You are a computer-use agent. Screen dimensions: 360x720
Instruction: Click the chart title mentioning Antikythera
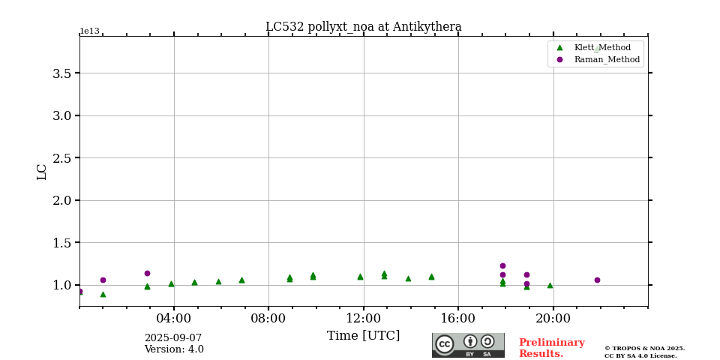click(x=363, y=27)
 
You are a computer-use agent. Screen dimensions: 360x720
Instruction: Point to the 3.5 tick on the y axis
click(x=61, y=73)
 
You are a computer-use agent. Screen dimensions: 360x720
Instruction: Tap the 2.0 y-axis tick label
click(x=61, y=200)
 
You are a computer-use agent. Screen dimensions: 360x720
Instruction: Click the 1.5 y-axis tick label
click(x=61, y=243)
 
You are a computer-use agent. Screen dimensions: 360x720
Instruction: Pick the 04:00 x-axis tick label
click(x=174, y=318)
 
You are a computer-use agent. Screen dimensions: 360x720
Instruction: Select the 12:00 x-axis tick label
click(x=364, y=318)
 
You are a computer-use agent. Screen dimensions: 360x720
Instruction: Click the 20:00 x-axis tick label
click(x=553, y=318)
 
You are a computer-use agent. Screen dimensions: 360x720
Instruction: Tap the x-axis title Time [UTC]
click(x=363, y=336)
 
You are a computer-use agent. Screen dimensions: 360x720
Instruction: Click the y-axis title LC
click(x=42, y=172)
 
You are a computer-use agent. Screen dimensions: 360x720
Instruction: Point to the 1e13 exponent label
click(x=89, y=31)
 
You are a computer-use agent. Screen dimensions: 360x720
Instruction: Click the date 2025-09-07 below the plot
click(x=173, y=338)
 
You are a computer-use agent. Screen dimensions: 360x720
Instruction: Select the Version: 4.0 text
click(x=174, y=349)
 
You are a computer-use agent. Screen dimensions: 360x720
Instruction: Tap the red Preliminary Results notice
click(x=551, y=348)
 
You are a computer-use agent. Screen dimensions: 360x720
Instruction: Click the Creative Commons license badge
click(x=468, y=345)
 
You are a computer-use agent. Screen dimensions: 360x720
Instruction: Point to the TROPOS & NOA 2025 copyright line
click(x=644, y=348)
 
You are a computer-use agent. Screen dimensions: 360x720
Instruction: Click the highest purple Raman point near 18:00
click(x=502, y=265)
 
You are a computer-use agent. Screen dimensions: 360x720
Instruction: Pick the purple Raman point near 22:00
click(x=597, y=280)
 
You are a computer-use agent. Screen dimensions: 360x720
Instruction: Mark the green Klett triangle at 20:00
click(x=550, y=285)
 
